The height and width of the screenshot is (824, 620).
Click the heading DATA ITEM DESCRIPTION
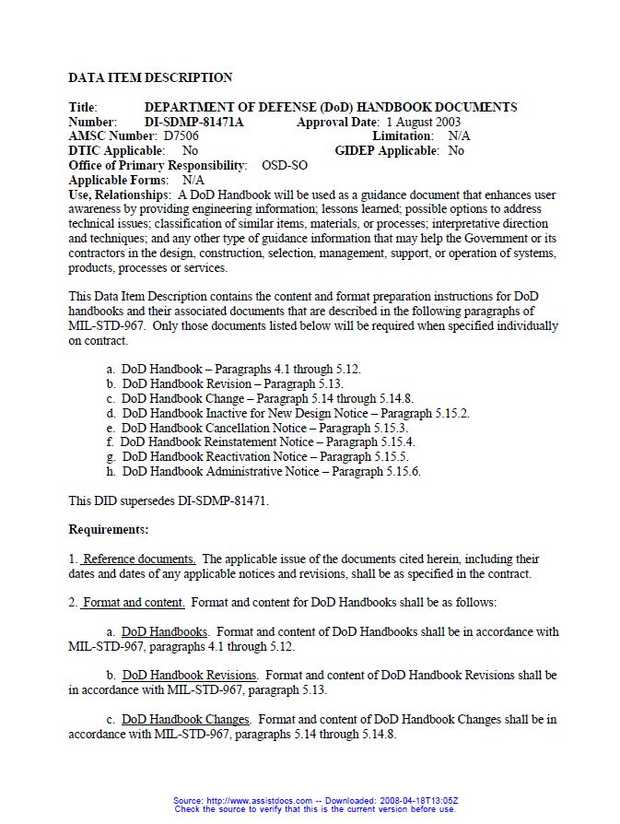tap(150, 77)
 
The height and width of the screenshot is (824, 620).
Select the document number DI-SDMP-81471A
tap(194, 122)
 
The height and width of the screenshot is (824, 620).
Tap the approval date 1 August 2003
tap(423, 122)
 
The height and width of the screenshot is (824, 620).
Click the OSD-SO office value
tap(285, 166)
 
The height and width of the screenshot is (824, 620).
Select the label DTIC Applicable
tap(116, 151)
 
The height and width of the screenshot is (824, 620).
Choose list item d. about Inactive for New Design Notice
tap(287, 413)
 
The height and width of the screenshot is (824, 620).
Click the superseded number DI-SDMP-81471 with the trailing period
tap(218, 501)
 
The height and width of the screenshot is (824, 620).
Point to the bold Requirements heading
tap(109, 530)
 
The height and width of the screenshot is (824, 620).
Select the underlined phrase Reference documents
tap(138, 559)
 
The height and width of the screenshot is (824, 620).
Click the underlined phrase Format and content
tap(134, 603)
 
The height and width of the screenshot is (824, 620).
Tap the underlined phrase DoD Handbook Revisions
tap(189, 676)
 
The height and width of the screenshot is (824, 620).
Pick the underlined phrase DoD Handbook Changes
tap(185, 719)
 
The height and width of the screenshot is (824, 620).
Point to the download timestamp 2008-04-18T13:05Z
tap(413, 800)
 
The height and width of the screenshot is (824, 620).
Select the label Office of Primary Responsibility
tap(158, 166)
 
